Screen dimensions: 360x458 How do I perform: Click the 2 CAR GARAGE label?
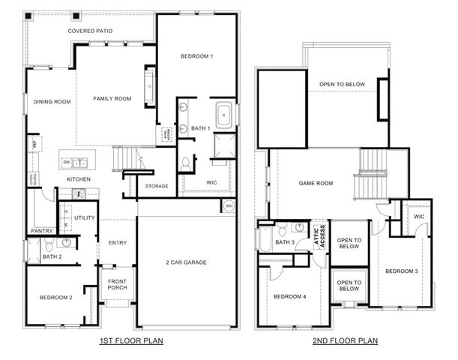click(186, 262)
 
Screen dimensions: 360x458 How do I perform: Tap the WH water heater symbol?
click(229, 205)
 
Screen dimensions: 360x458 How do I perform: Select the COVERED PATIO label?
click(91, 31)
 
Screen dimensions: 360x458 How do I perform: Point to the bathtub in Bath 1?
click(224, 115)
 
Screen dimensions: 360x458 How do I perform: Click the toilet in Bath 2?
click(49, 245)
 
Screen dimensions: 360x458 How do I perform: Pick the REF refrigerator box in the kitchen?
click(33, 142)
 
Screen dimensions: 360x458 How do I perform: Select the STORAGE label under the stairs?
click(157, 186)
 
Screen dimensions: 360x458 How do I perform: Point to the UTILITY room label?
click(84, 217)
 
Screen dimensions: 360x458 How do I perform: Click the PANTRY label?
click(41, 231)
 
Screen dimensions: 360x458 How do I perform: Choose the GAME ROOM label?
click(315, 183)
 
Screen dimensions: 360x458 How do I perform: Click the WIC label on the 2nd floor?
click(419, 217)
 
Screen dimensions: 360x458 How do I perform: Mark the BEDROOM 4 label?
click(289, 297)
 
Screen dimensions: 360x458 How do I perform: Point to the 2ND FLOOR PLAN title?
click(346, 341)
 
